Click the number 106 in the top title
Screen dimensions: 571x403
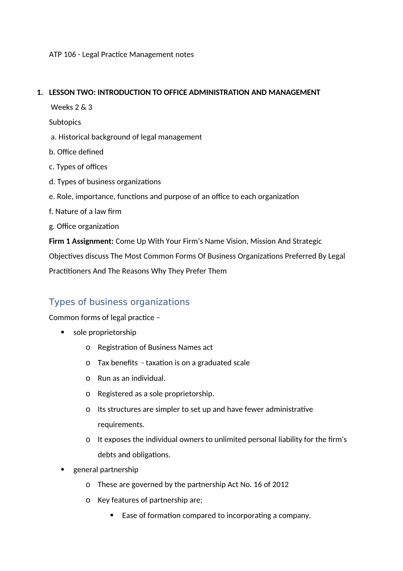tap(70, 54)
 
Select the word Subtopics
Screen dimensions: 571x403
tap(65, 122)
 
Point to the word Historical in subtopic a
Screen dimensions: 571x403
tap(74, 137)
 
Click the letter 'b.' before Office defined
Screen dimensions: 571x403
tap(52, 152)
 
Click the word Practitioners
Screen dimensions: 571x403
tap(70, 271)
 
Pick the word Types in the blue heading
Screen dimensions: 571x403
tap(62, 302)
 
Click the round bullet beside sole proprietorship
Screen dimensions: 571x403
tap(63, 332)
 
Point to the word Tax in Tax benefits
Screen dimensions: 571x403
tap(103, 363)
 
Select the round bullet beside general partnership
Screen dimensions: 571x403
tap(63, 469)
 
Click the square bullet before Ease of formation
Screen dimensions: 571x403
tap(112, 515)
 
